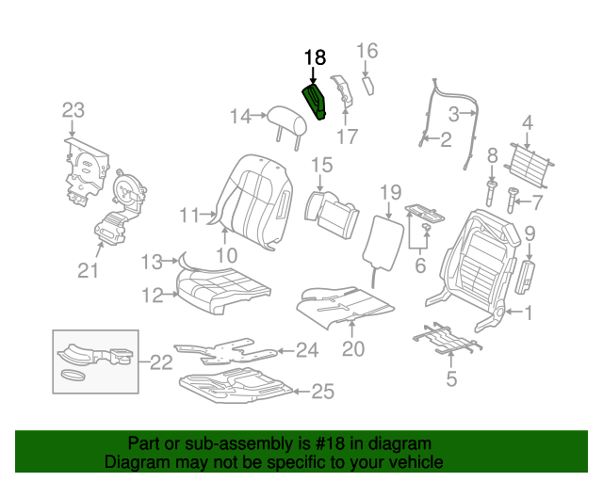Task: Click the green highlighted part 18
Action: [x=314, y=102]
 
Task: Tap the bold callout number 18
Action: [x=315, y=57]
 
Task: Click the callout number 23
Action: [x=73, y=110]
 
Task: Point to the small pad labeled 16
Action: [x=368, y=86]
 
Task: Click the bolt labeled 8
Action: [x=492, y=193]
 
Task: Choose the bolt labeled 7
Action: [x=512, y=200]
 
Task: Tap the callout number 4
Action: [x=528, y=123]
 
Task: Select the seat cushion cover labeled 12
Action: [x=222, y=290]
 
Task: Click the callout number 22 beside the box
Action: [x=161, y=362]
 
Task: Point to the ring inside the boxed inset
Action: [x=72, y=375]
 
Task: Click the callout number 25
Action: [x=322, y=392]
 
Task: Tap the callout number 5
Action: [x=451, y=378]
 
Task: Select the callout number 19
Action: [x=391, y=193]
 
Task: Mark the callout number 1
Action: [x=529, y=313]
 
